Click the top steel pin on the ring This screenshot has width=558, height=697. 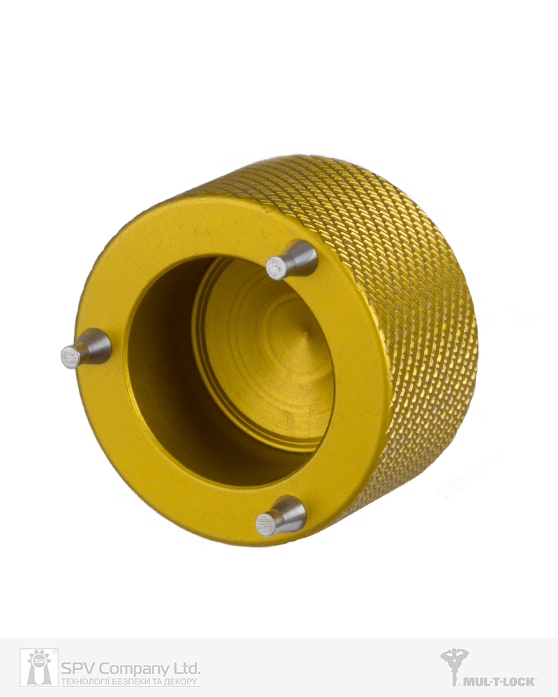tap(292, 261)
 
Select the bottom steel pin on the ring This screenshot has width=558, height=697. tap(281, 516)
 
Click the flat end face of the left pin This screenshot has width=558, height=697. tap(70, 357)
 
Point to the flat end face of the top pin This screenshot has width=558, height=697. tap(276, 270)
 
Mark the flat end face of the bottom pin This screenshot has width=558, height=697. tap(266, 525)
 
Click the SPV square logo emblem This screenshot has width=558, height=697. tap(39, 667)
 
